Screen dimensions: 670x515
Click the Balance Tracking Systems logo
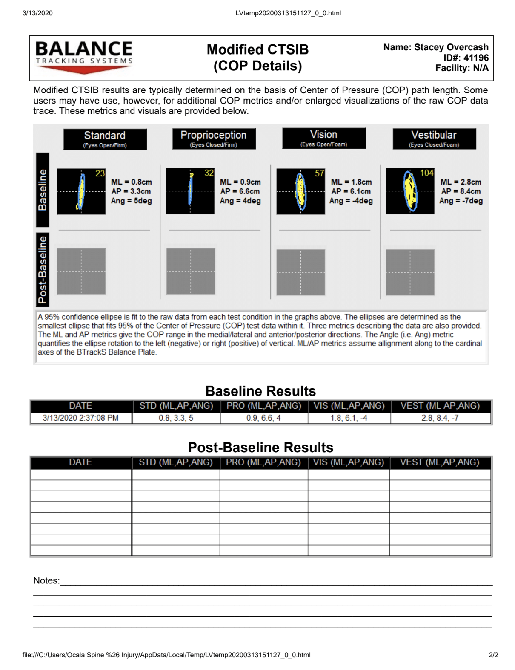click(x=84, y=57)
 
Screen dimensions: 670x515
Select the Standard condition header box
click(x=105, y=139)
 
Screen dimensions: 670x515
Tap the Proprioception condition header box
click(x=214, y=139)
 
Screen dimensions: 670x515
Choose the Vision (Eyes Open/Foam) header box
click(x=323, y=138)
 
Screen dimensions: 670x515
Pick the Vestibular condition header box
click(x=434, y=139)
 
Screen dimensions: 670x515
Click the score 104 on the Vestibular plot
click(x=426, y=173)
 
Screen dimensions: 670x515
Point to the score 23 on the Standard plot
click(x=100, y=173)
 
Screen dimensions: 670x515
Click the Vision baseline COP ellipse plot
click(x=300, y=191)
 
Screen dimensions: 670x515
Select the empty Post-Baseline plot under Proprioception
click(x=191, y=271)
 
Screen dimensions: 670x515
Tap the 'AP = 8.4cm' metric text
click(x=461, y=191)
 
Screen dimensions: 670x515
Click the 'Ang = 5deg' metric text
click(x=132, y=201)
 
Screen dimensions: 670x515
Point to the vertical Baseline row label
click(x=43, y=190)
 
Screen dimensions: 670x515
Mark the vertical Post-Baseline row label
click(x=43, y=269)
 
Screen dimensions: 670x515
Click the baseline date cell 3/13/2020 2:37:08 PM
click(x=80, y=418)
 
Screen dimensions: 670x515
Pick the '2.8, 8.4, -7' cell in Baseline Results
click(x=440, y=418)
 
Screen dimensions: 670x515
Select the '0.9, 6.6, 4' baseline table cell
click(x=263, y=418)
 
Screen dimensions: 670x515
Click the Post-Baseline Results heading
click(x=260, y=448)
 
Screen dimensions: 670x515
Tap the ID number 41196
click(x=476, y=58)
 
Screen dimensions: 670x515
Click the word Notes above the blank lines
click(x=46, y=580)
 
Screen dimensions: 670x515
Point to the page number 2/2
click(x=493, y=655)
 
